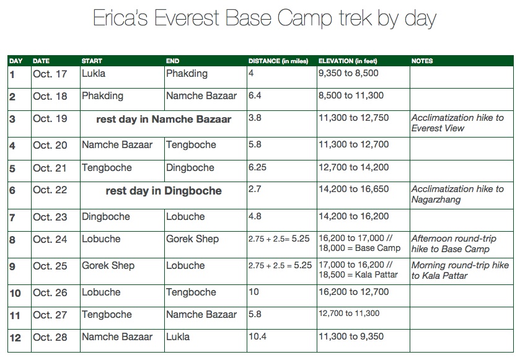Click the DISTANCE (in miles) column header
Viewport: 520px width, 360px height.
coord(278,61)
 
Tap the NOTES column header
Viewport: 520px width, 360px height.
coord(422,61)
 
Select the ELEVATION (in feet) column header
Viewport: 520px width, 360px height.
coord(347,61)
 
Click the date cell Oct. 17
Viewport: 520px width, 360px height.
coord(50,74)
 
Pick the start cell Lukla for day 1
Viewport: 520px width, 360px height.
coord(94,74)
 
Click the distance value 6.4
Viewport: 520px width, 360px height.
coord(255,96)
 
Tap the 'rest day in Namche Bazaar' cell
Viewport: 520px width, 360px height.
coord(164,120)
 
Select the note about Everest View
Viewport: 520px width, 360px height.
coord(457,123)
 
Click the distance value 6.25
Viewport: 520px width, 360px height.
coord(257,167)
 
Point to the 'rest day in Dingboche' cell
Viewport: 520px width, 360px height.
coord(164,191)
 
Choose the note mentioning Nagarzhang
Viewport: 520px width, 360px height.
coord(457,194)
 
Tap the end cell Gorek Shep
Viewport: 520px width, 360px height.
coord(192,239)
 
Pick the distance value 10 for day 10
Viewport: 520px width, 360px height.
coord(253,292)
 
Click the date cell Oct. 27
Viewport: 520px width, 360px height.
coord(50,315)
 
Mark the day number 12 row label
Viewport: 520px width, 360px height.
coord(15,338)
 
